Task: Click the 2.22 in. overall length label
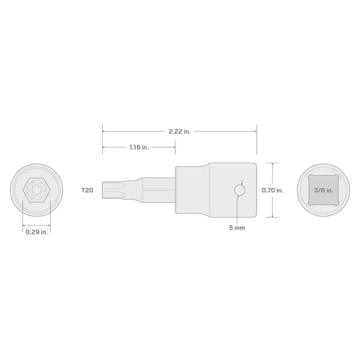[x=179, y=131]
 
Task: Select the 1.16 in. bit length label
[x=139, y=147]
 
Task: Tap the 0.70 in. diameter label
[x=273, y=190]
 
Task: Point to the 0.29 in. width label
[x=36, y=232]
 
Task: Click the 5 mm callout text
[x=237, y=228]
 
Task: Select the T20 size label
[x=87, y=190]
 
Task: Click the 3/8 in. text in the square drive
[x=323, y=190]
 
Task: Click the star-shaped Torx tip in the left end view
[x=36, y=190]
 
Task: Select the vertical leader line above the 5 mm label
[x=237, y=211]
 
